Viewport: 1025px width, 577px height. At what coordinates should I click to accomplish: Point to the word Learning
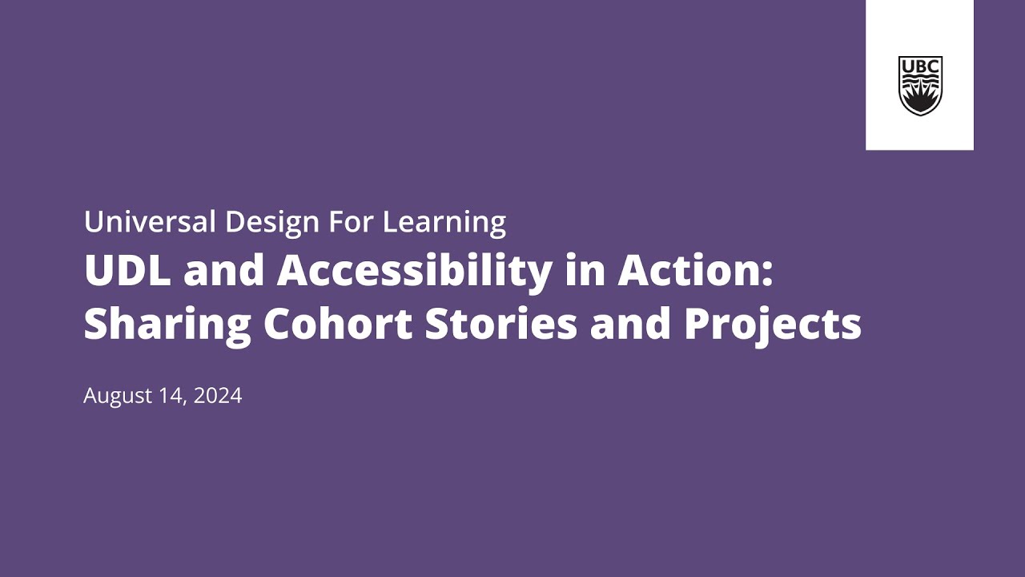(x=444, y=222)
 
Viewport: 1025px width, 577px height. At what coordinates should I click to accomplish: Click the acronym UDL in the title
(x=127, y=272)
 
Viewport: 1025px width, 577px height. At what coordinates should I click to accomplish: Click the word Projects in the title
(x=772, y=324)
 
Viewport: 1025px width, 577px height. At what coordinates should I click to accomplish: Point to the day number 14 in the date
(x=175, y=395)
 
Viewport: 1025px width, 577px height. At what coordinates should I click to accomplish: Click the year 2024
(x=219, y=395)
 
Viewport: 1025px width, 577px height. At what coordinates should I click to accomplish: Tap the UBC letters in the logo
(x=920, y=65)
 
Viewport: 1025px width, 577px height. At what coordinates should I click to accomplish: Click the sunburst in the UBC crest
(x=920, y=99)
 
